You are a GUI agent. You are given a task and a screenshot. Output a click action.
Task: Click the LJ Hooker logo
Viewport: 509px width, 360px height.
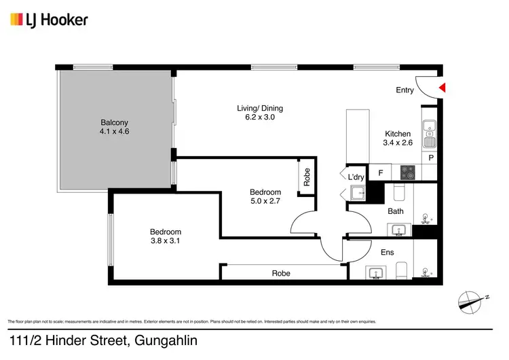click(49, 20)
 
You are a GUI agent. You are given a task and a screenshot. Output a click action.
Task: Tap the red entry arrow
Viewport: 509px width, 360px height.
click(441, 88)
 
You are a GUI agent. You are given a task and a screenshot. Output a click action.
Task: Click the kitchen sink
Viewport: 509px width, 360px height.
click(429, 134)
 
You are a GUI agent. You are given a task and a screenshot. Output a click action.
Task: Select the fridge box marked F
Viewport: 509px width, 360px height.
click(381, 173)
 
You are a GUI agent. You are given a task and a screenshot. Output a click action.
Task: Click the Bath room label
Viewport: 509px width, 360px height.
click(396, 211)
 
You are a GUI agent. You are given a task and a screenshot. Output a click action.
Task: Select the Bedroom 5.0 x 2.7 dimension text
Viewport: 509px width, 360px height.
click(265, 202)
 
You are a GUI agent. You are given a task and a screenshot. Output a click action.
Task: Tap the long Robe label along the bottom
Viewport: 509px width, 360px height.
click(281, 273)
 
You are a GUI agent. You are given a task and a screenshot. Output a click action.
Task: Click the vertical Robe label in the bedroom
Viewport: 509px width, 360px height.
click(307, 177)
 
